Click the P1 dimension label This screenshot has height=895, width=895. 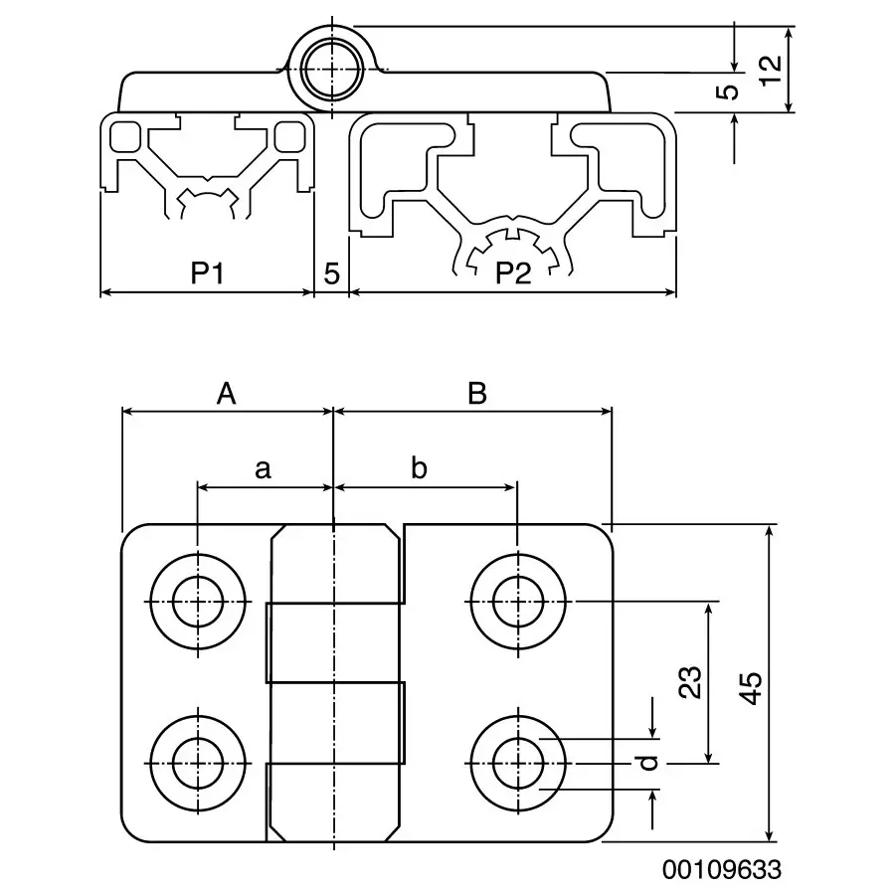206,273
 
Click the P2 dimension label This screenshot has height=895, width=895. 513,273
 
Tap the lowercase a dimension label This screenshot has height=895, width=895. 263,468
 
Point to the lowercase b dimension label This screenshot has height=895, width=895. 419,468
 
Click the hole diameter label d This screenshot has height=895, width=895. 648,763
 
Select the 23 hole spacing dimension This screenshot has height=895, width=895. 693,682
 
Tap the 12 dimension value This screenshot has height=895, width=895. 770,70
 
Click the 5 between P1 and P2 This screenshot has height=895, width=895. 331,273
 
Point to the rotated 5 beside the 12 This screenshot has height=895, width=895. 729,91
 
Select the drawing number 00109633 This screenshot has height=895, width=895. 722,869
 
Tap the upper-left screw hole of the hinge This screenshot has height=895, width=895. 198,601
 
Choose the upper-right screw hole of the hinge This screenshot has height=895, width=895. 517,601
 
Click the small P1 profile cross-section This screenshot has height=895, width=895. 208,164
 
